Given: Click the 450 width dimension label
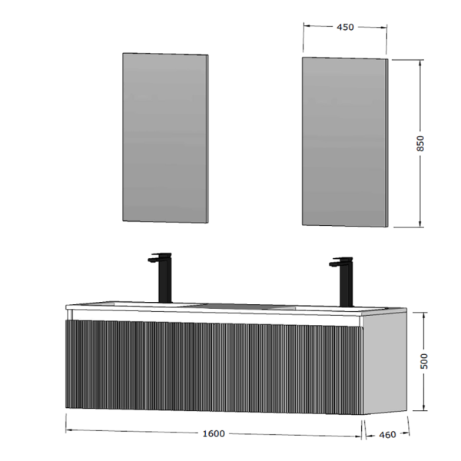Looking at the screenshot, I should click(346, 28).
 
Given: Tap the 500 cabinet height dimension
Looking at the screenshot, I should click(423, 361).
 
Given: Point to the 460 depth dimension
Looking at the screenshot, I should click(387, 435).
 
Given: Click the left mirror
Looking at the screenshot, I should click(165, 138).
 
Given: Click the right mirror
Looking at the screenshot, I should click(345, 142).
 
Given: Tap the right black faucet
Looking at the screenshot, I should click(343, 280).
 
